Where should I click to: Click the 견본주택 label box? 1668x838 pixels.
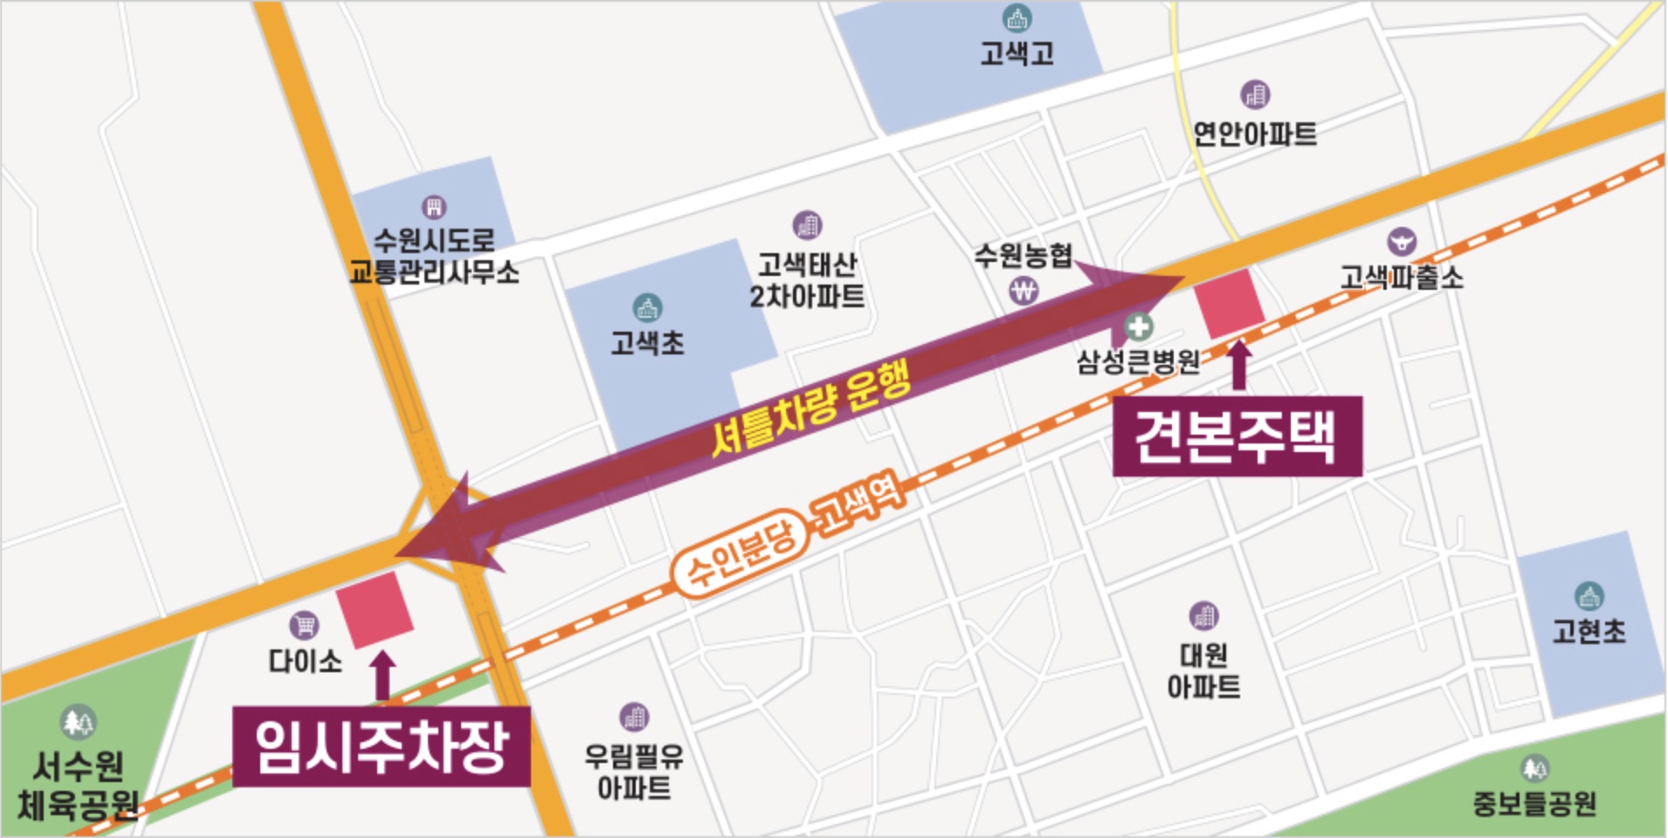click(x=1237, y=436)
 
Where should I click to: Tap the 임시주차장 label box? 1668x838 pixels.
click(x=381, y=747)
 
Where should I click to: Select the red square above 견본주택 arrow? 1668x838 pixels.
click(x=1229, y=303)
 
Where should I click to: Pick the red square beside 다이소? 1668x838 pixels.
click(x=375, y=609)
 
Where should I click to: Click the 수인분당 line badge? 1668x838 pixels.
click(x=739, y=555)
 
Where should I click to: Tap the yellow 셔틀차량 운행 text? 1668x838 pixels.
click(x=810, y=408)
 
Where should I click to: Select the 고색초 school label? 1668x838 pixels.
click(x=647, y=343)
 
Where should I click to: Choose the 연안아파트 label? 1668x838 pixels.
click(x=1255, y=134)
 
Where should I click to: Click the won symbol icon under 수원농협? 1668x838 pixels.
click(x=1024, y=291)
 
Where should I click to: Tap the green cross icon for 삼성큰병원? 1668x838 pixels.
click(x=1137, y=327)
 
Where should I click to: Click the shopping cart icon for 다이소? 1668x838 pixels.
click(x=304, y=625)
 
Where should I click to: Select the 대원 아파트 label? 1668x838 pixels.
click(x=1203, y=670)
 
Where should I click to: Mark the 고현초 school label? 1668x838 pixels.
click(x=1589, y=630)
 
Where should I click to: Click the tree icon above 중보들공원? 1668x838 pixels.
click(x=1534, y=768)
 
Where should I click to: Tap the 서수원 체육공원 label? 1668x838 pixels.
click(x=79, y=786)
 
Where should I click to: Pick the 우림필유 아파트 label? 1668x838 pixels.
click(x=634, y=772)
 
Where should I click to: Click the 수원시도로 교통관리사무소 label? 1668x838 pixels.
click(x=434, y=256)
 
